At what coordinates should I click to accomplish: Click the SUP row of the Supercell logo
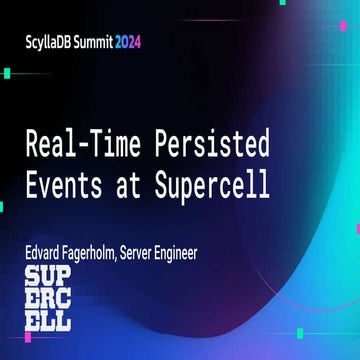[x=47, y=279]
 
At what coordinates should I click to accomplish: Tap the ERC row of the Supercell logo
[x=47, y=300]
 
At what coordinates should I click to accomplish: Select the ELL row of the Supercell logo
[x=47, y=321]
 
